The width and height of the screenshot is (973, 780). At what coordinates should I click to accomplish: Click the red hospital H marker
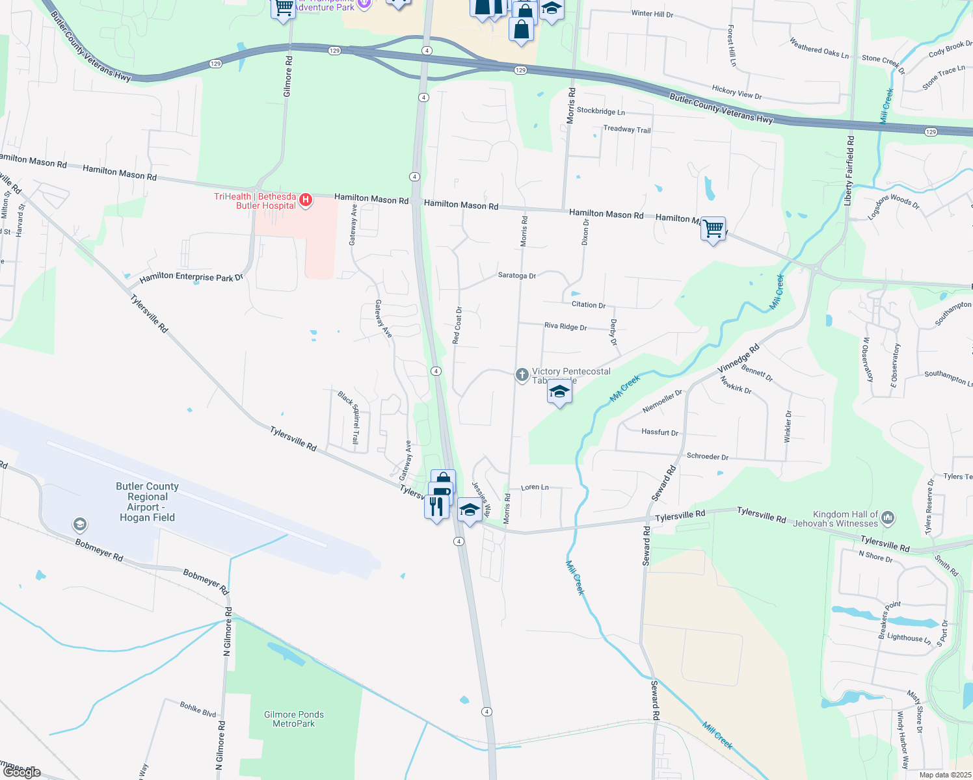pyautogui.click(x=305, y=200)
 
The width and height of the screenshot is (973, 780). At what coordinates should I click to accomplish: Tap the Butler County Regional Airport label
pyautogui.click(x=147, y=502)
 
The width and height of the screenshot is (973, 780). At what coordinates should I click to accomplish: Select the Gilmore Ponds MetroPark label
pyautogui.click(x=294, y=719)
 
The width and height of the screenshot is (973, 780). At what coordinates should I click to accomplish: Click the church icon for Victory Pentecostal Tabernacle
pyautogui.click(x=522, y=374)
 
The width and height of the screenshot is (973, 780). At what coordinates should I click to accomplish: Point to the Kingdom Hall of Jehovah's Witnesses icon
pyautogui.click(x=888, y=518)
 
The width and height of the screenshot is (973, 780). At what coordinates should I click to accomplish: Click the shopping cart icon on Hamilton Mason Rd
pyautogui.click(x=713, y=229)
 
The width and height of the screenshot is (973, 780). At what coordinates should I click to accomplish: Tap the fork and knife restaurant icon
pyautogui.click(x=436, y=506)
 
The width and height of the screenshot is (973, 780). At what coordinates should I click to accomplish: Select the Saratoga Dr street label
pyautogui.click(x=517, y=276)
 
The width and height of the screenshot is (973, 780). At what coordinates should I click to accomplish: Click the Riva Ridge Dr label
pyautogui.click(x=565, y=326)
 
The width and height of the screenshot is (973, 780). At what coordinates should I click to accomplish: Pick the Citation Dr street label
pyautogui.click(x=589, y=305)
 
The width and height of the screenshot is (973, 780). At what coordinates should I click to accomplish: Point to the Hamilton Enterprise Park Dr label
pyautogui.click(x=191, y=278)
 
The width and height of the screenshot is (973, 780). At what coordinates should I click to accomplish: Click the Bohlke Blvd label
pyautogui.click(x=198, y=708)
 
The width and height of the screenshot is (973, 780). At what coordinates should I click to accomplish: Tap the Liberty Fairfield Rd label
pyautogui.click(x=849, y=172)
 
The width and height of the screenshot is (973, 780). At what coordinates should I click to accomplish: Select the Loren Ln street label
pyautogui.click(x=535, y=487)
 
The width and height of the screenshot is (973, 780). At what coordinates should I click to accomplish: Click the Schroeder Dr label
pyautogui.click(x=708, y=456)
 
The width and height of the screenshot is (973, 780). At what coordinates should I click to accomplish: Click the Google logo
pyautogui.click(x=22, y=772)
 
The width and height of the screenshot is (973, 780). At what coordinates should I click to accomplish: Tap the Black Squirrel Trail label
pyautogui.click(x=349, y=417)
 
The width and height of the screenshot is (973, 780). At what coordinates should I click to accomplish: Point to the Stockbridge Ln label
pyautogui.click(x=600, y=111)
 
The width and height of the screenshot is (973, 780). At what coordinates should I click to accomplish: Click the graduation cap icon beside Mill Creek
pyautogui.click(x=559, y=392)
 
